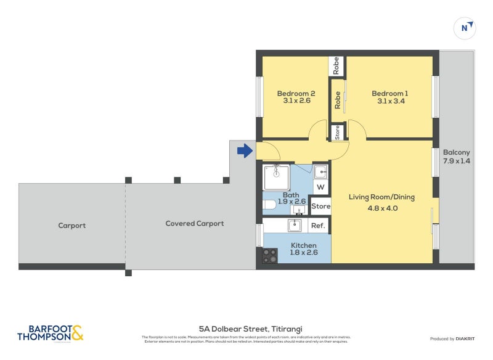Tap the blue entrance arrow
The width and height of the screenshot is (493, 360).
[x=245, y=150]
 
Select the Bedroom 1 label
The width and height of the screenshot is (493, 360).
[x=389, y=93]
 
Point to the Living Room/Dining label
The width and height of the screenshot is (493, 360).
[x=381, y=197]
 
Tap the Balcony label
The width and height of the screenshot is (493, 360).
[x=456, y=152]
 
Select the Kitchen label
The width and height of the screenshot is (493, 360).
[x=303, y=245]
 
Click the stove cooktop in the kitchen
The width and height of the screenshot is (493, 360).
[x=270, y=256]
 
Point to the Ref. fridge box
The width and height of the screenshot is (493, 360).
[x=317, y=226]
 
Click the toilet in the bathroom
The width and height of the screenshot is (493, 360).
[x=269, y=205]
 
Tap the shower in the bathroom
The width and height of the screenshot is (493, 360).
[x=276, y=178]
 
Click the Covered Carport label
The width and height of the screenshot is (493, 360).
[x=194, y=223]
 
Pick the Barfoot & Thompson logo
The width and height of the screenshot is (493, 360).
[x=50, y=333]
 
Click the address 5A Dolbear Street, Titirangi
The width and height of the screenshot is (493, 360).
[x=246, y=329]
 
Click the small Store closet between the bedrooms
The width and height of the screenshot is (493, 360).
[x=337, y=132]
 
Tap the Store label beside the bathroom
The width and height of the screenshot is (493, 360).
[x=320, y=207]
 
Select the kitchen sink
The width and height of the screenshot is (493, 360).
[x=295, y=225]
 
